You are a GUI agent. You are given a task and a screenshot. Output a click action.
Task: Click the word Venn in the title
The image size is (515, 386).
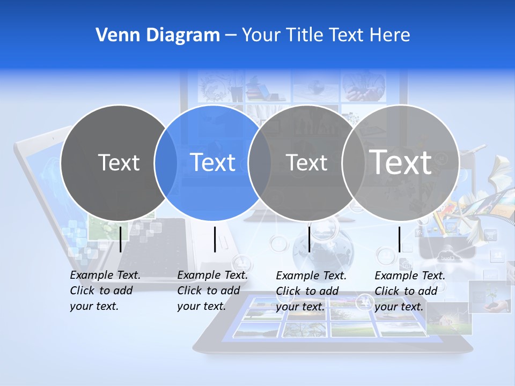pos(113,35)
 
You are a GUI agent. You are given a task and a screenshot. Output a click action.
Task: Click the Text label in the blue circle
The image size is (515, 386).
pos(213,162)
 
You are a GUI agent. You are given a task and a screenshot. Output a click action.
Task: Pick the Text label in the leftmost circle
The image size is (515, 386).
pos(119,162)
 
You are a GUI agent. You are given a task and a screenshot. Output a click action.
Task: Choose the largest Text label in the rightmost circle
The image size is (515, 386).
pos(401,162)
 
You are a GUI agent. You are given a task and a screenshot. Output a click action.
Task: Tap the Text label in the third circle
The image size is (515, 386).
pos(307,162)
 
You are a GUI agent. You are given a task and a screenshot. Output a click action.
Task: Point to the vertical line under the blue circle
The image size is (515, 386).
pos(215,239)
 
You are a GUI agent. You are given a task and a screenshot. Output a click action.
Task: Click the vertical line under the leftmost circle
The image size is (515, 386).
pos(121,239)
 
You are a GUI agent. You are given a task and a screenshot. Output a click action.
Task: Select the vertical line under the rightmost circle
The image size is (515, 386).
pos(400,239)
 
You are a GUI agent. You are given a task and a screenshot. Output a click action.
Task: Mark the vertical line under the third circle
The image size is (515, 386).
pos(310,239)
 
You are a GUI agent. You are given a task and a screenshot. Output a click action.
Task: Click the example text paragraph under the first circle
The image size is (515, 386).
pos(105,291)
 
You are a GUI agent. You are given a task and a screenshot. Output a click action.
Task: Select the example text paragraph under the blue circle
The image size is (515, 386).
pos(212,291)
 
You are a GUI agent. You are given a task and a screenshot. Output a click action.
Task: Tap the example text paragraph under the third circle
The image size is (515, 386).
pos(311,291)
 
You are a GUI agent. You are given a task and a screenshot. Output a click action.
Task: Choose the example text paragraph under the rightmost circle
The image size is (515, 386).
pos(409,291)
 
